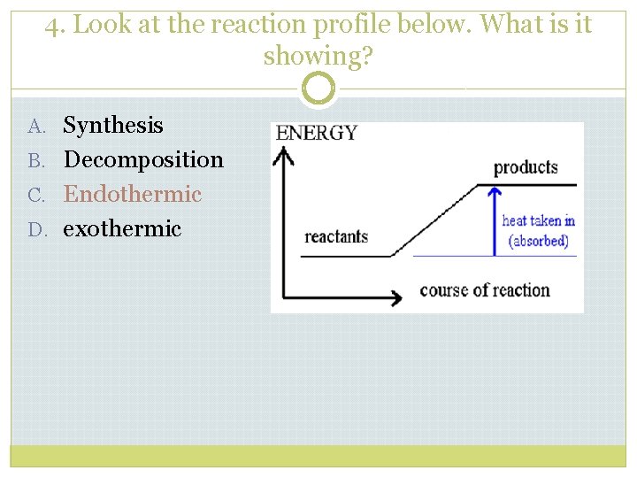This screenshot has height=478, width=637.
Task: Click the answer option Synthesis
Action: [113, 126]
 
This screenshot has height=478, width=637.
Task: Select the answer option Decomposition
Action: [143, 160]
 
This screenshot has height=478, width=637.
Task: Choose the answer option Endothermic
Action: [133, 194]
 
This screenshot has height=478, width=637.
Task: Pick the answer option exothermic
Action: [122, 228]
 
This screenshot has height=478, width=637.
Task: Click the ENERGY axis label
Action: [317, 134]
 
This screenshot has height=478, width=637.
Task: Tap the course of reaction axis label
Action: [484, 290]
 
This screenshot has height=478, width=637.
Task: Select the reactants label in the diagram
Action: [336, 237]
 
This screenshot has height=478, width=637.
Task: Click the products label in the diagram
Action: [526, 167]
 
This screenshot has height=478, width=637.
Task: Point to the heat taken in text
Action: [538, 221]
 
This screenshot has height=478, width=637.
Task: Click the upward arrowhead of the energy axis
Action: [283, 156]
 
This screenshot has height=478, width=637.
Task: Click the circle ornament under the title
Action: [318, 89]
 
